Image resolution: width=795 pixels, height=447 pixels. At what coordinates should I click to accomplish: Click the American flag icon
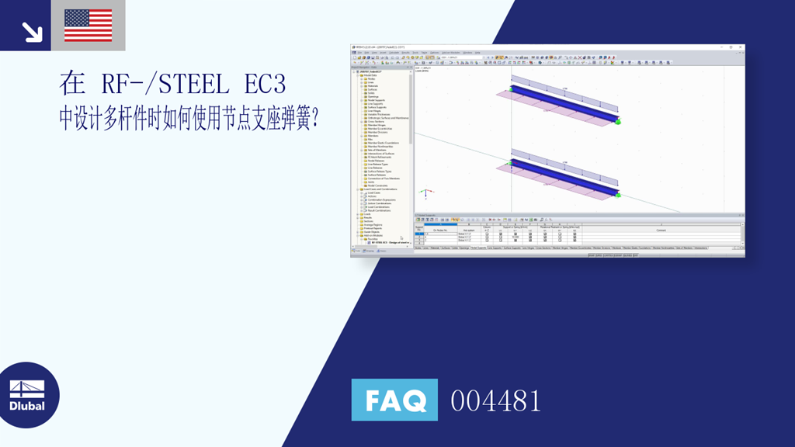click(x=88, y=25)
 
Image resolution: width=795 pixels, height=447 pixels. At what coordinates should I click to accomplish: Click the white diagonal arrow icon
click(x=32, y=32)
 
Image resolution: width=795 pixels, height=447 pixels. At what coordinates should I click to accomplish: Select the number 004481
click(x=496, y=401)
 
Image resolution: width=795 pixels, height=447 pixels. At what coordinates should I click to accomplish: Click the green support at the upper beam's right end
click(x=618, y=120)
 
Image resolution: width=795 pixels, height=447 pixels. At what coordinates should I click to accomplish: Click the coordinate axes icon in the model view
click(x=423, y=192)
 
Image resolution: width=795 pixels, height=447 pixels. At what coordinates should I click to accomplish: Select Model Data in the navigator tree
click(x=368, y=75)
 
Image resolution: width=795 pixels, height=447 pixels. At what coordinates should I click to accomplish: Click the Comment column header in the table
click(x=661, y=230)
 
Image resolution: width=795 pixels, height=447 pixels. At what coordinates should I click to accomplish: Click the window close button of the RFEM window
click(x=740, y=48)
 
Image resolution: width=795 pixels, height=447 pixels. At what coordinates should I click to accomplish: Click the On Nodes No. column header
click(x=442, y=230)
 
